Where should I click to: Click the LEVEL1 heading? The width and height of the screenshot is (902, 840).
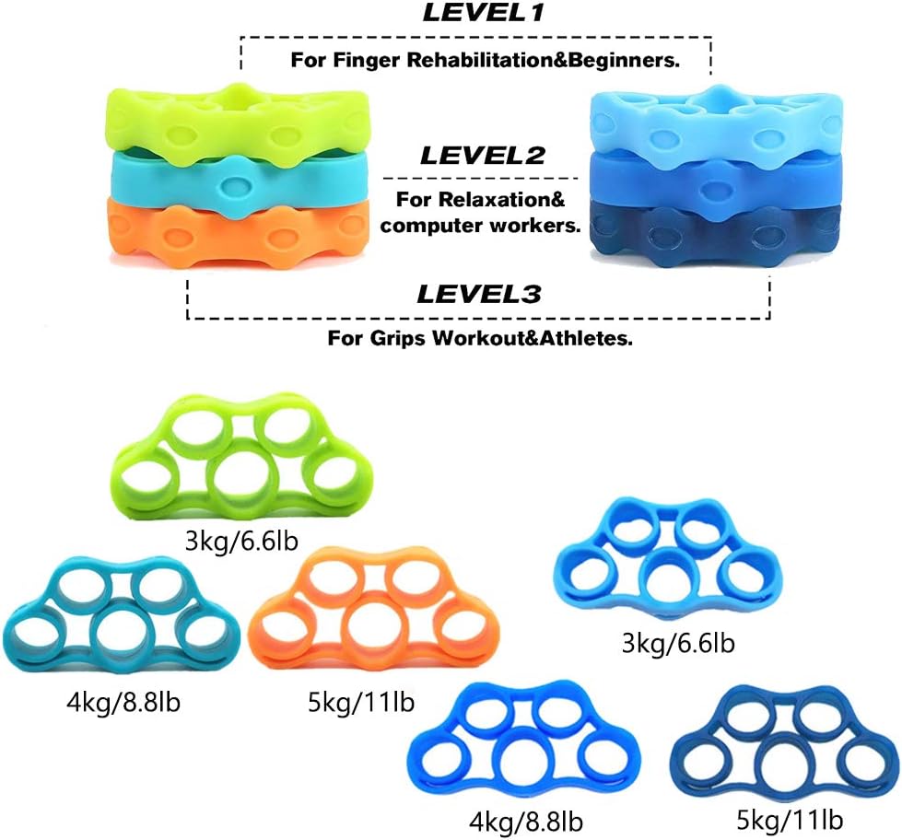point(483,13)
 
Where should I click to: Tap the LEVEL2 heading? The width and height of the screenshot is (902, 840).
point(483,156)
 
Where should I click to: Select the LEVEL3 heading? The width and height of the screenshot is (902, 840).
point(478,294)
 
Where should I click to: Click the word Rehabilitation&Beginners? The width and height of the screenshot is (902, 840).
point(543,60)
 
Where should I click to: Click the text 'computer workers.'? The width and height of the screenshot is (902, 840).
point(480,226)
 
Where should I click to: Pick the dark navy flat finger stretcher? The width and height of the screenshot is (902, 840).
point(783,746)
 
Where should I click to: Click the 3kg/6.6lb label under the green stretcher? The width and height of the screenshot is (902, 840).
point(241,542)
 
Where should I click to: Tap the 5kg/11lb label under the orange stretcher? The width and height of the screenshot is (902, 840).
point(361,703)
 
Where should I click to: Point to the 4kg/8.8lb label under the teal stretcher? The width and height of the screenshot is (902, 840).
point(123,703)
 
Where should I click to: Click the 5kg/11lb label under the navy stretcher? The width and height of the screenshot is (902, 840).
point(790,820)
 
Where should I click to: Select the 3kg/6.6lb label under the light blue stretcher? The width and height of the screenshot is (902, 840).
point(678,644)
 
